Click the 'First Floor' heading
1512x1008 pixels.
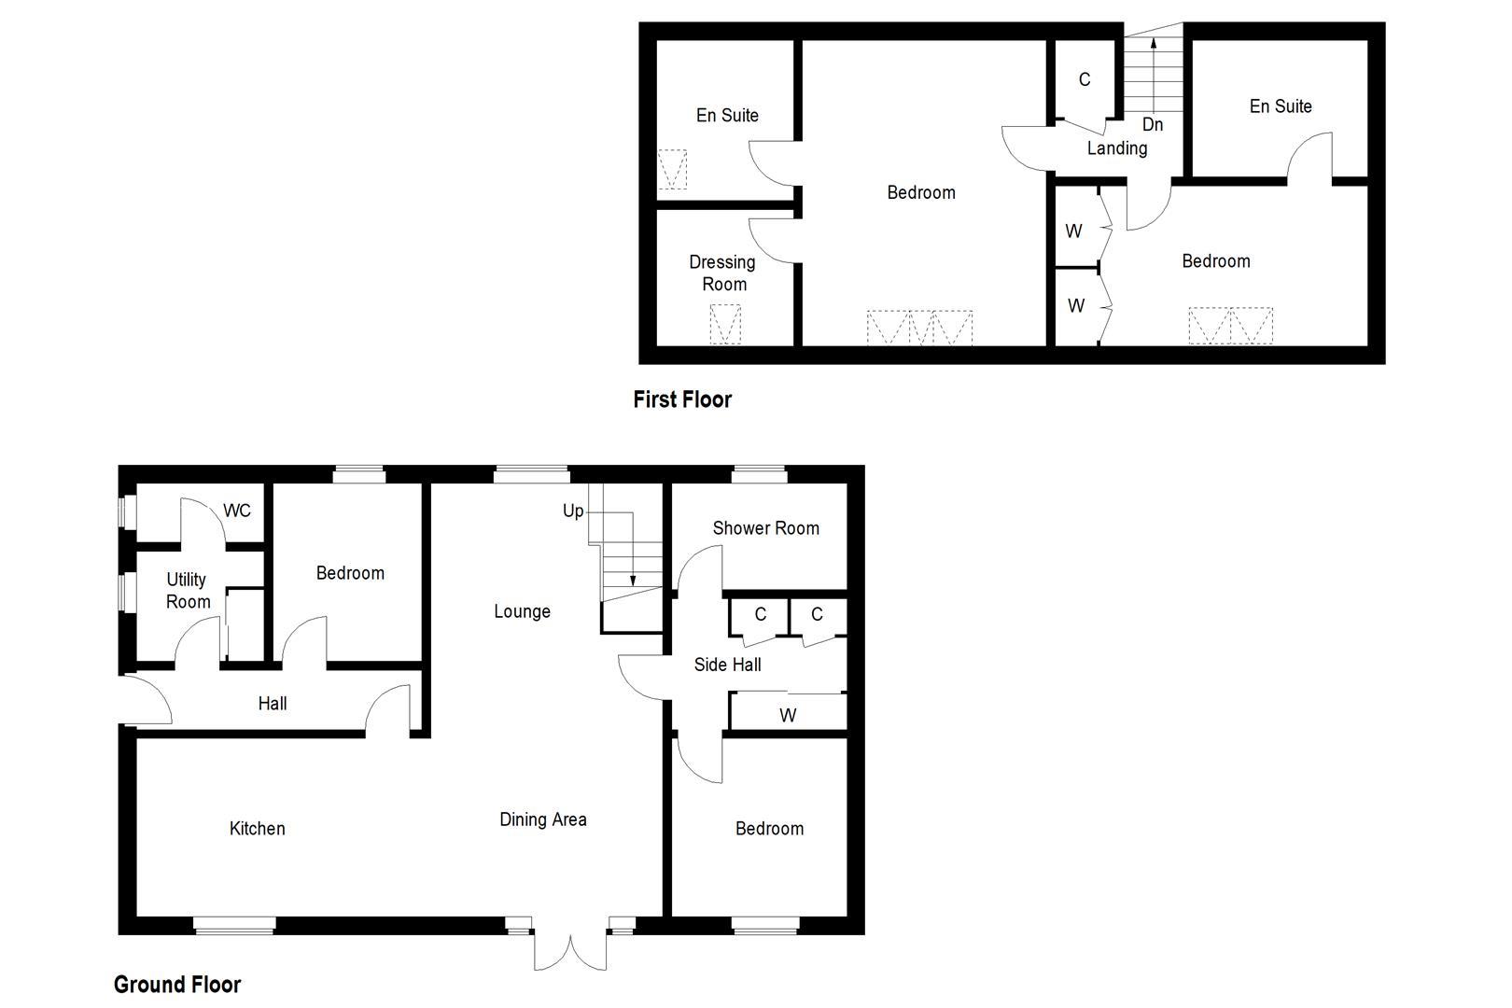point(682,399)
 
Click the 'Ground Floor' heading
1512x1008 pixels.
point(177,985)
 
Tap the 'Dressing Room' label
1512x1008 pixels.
point(722,273)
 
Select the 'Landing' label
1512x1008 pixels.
point(1117,148)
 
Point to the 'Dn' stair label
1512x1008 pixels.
point(1153,125)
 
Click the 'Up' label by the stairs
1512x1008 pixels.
point(573,511)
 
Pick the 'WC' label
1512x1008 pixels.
point(237,511)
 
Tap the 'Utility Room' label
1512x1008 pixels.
point(188,591)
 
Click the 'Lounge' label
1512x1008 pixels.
point(522,611)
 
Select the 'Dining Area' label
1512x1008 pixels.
point(543,819)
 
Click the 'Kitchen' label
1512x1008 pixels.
point(257,829)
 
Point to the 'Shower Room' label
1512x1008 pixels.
point(765,528)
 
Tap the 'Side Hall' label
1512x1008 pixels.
point(727,665)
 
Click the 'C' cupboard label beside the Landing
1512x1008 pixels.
point(1085,80)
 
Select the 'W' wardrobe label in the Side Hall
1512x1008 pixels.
point(788,716)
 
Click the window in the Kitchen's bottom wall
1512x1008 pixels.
point(234,925)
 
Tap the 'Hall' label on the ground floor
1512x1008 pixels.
point(273,704)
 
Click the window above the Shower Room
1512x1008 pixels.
point(759,474)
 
